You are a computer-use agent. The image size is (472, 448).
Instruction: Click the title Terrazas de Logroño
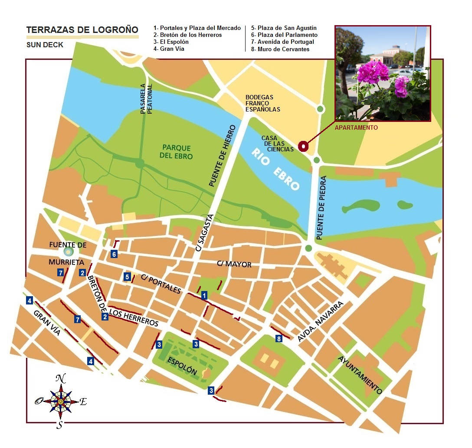(x=82, y=30)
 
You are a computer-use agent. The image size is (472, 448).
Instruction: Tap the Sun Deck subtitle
(x=45, y=45)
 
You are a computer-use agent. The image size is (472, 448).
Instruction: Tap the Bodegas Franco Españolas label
(x=262, y=103)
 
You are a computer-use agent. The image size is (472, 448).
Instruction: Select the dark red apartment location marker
(x=303, y=147)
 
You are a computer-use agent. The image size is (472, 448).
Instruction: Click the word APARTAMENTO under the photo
(x=356, y=128)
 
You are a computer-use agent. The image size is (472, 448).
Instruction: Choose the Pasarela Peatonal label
(x=146, y=99)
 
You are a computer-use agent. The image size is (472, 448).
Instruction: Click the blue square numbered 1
(x=204, y=295)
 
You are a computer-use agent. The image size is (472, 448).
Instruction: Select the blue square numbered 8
(x=279, y=338)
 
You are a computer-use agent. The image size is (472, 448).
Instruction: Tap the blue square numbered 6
(x=114, y=254)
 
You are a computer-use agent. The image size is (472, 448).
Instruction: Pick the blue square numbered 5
(x=127, y=277)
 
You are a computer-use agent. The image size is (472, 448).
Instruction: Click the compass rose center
(x=61, y=401)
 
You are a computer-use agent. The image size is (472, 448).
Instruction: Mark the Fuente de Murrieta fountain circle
(x=67, y=251)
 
